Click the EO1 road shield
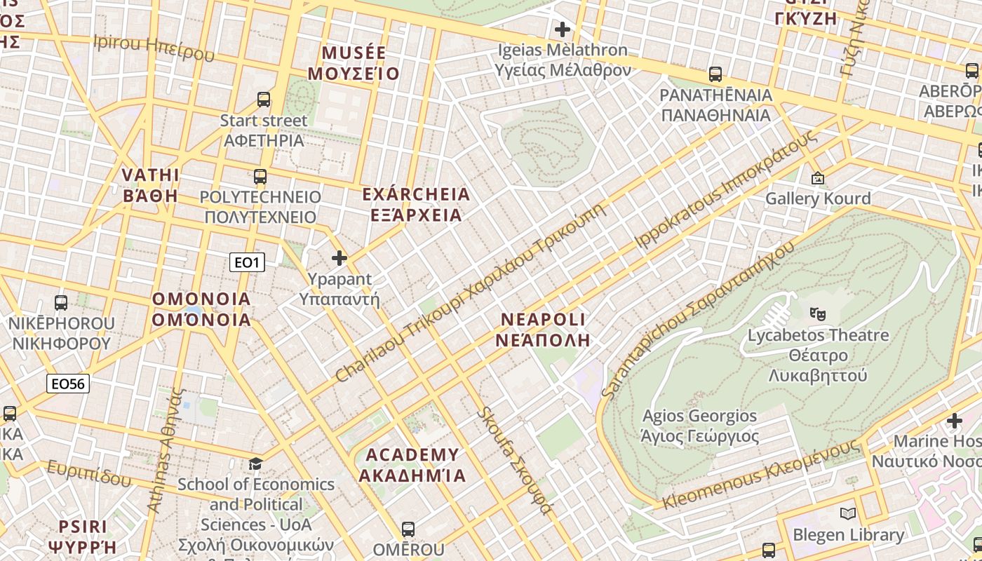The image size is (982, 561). click(247, 263)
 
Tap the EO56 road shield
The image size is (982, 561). click(68, 384)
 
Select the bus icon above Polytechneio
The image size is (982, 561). click(260, 177)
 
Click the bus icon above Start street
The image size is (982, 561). click(264, 100)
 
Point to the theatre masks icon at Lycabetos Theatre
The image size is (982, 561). click(816, 313)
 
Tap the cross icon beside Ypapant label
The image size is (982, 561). click(339, 258)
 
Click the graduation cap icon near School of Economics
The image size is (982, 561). click(256, 464)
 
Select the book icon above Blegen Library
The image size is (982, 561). click(847, 514)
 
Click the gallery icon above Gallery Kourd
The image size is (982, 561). click(817, 179)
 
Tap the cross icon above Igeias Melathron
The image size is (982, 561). click(562, 29)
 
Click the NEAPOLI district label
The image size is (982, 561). click(543, 330)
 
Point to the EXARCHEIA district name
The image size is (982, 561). click(416, 204)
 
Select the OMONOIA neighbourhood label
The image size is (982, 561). click(201, 309)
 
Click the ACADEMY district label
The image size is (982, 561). click(412, 465)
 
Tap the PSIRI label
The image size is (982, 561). click(83, 536)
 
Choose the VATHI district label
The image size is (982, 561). click(151, 185)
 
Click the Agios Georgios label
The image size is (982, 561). click(700, 426)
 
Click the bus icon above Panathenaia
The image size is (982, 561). click(715, 74)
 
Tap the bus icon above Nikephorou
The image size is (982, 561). click(61, 303)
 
